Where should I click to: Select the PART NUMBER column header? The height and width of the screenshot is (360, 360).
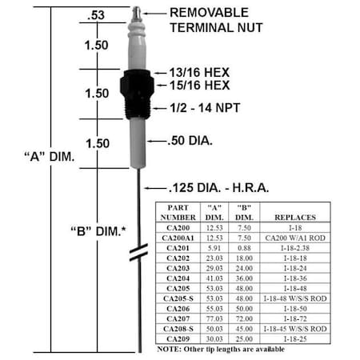[178, 212]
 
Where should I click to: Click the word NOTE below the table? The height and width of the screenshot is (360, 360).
[170, 348]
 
